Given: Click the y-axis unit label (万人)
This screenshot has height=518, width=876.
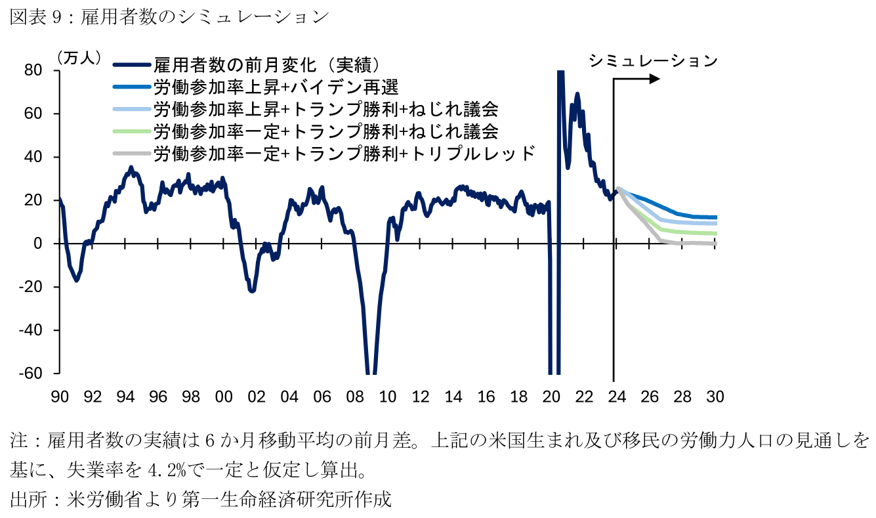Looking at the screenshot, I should click(79, 58).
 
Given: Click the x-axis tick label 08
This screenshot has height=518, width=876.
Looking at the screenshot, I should click(355, 397).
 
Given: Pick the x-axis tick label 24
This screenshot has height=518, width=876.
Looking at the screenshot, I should click(617, 397).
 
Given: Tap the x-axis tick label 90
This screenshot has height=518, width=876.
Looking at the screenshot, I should click(60, 397).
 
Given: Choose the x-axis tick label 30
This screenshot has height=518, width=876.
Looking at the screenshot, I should click(715, 397).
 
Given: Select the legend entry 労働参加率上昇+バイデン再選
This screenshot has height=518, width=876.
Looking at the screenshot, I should click(276, 87).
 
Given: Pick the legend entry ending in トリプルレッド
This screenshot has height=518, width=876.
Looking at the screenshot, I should click(344, 154).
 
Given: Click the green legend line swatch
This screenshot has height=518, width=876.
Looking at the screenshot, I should click(131, 131).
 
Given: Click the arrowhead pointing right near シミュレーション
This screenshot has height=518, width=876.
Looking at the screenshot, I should click(655, 79).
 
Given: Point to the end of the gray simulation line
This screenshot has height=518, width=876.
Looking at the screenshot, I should click(715, 243).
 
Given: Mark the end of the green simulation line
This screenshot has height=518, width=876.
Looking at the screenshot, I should click(715, 234).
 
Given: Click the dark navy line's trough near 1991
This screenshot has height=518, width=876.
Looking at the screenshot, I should click(77, 280).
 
